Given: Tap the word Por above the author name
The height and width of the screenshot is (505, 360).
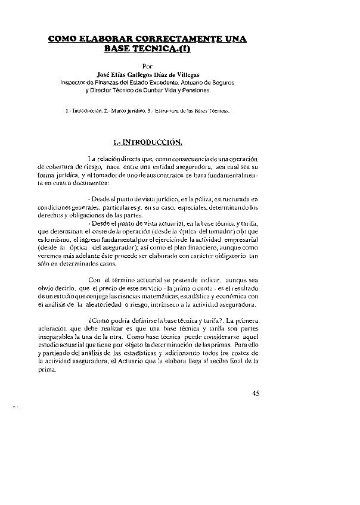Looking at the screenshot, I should click(150, 66).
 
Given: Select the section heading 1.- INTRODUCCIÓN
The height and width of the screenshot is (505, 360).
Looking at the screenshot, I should click(147, 142).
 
